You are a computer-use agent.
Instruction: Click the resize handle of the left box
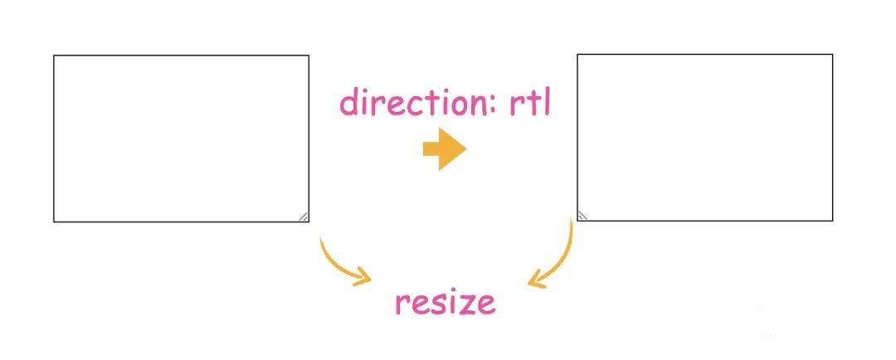point(303,216)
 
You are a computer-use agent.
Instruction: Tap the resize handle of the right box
point(582,215)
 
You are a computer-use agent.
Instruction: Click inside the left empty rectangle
point(181,139)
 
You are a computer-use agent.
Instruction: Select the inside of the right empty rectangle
point(704,138)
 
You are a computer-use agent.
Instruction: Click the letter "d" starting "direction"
point(348,103)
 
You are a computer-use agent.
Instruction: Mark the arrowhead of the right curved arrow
point(537,281)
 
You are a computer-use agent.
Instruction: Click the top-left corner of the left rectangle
point(54,56)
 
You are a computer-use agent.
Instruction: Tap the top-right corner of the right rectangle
point(832,55)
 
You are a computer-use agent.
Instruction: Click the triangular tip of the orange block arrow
point(465,149)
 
